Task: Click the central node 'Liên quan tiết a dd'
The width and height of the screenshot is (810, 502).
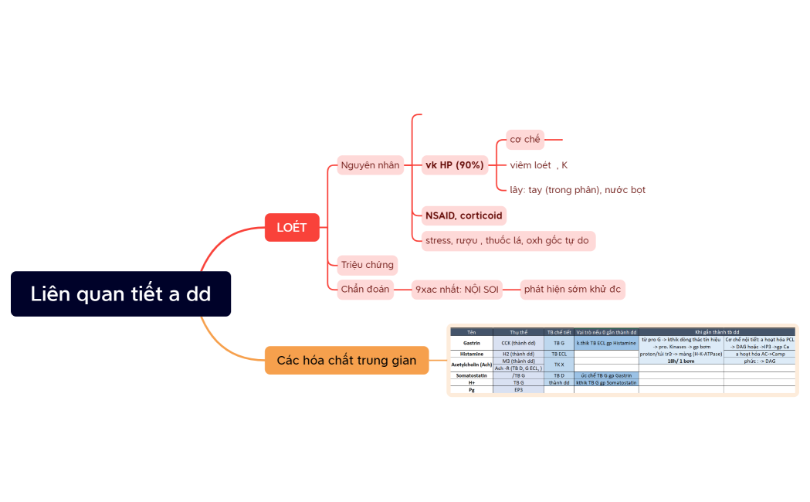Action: click(120, 293)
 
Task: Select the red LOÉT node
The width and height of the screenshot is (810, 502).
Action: click(292, 227)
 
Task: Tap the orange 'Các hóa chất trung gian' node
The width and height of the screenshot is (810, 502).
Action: click(346, 360)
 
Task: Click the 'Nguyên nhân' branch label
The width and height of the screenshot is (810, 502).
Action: click(371, 165)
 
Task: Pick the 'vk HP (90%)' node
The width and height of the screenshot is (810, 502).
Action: click(455, 165)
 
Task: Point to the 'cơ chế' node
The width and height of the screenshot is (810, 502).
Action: click(525, 140)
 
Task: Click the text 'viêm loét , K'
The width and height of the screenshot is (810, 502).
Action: click(538, 165)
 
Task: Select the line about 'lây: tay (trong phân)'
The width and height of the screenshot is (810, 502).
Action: click(578, 190)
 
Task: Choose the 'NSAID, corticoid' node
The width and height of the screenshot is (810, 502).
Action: click(464, 215)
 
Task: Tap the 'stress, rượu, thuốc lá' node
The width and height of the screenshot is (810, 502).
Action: click(507, 240)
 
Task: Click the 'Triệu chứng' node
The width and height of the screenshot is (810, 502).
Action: click(368, 265)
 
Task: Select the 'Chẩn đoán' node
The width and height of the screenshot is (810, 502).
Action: click(365, 290)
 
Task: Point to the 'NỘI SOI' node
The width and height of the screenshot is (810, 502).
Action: click(457, 290)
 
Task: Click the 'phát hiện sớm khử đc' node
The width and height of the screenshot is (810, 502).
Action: click(572, 290)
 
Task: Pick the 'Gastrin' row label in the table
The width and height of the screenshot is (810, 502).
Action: click(471, 342)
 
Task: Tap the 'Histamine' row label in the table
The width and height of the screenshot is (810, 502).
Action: click(471, 354)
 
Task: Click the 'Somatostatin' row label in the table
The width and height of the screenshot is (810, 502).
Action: click(471, 375)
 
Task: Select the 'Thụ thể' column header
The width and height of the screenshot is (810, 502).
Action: click(518, 332)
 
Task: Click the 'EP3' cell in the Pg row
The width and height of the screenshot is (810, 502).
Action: click(518, 390)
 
